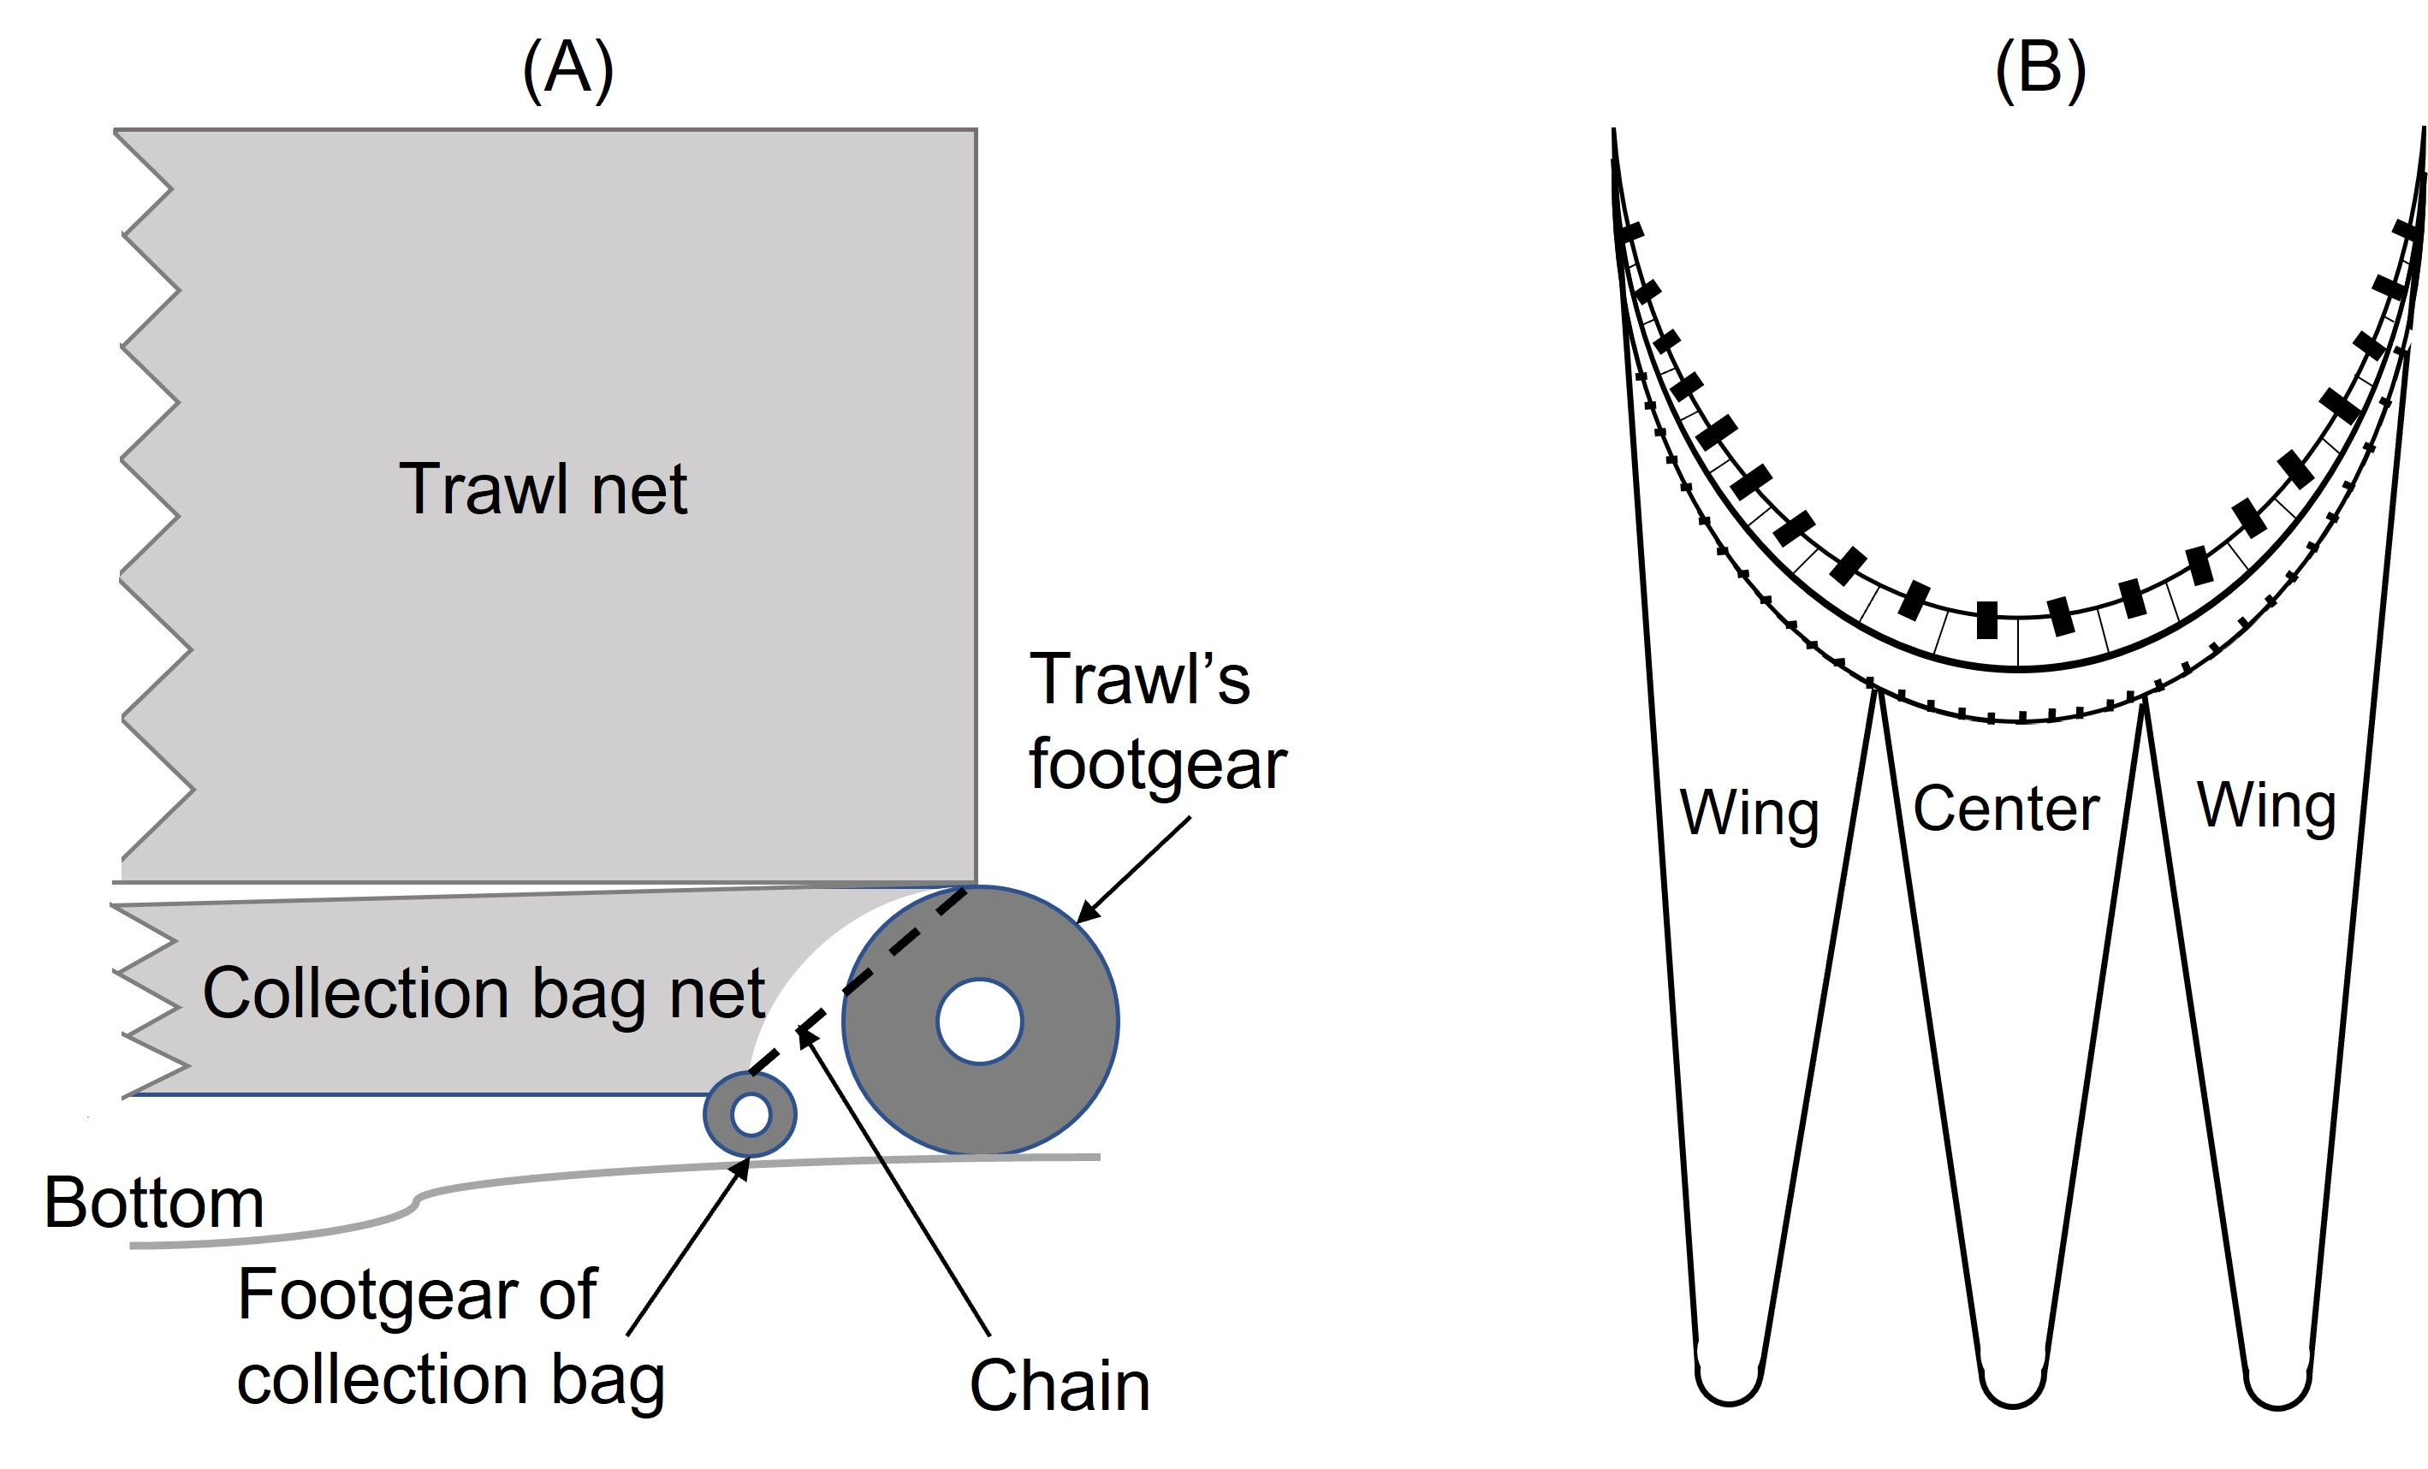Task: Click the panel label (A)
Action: (x=567, y=71)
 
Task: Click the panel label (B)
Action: (x=2039, y=71)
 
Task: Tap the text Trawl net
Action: (x=543, y=489)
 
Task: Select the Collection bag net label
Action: (x=483, y=993)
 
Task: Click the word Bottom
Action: (x=154, y=1203)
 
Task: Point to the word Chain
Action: (x=1060, y=1386)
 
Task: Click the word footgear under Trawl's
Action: (x=1157, y=765)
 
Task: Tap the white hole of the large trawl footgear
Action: (x=979, y=1022)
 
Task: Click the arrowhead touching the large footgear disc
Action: (x=1085, y=914)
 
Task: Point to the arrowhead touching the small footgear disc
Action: (x=742, y=1169)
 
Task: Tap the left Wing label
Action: (x=1749, y=814)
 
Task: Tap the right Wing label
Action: (x=2266, y=806)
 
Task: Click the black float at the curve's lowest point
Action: (x=1987, y=619)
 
